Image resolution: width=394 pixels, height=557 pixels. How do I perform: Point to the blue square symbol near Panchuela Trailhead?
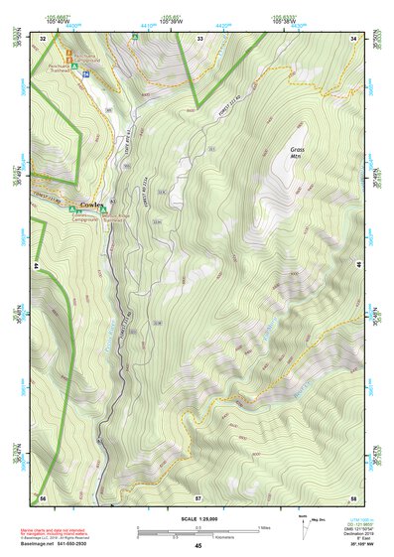(x=87, y=74)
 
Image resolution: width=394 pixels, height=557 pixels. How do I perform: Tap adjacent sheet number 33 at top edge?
(x=199, y=38)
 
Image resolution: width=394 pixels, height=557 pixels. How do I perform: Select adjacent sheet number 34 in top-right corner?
(x=353, y=38)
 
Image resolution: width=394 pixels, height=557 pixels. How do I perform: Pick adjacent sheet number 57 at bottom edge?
(x=199, y=496)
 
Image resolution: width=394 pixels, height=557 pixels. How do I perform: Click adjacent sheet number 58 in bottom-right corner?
(x=353, y=496)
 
